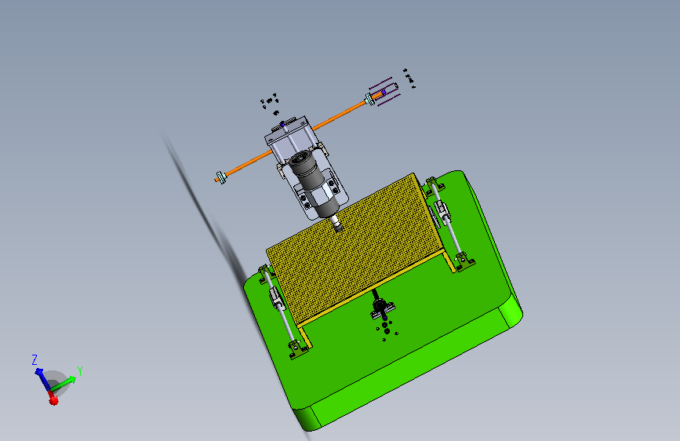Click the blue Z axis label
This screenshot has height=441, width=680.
35,359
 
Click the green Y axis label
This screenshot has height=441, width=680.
80,370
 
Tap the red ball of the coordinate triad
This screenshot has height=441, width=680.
53,400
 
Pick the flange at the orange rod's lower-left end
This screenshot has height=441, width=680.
221,177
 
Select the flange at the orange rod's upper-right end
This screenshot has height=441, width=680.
369,100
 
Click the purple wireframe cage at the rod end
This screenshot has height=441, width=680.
384,92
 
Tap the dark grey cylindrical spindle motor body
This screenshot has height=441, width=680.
313,182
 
